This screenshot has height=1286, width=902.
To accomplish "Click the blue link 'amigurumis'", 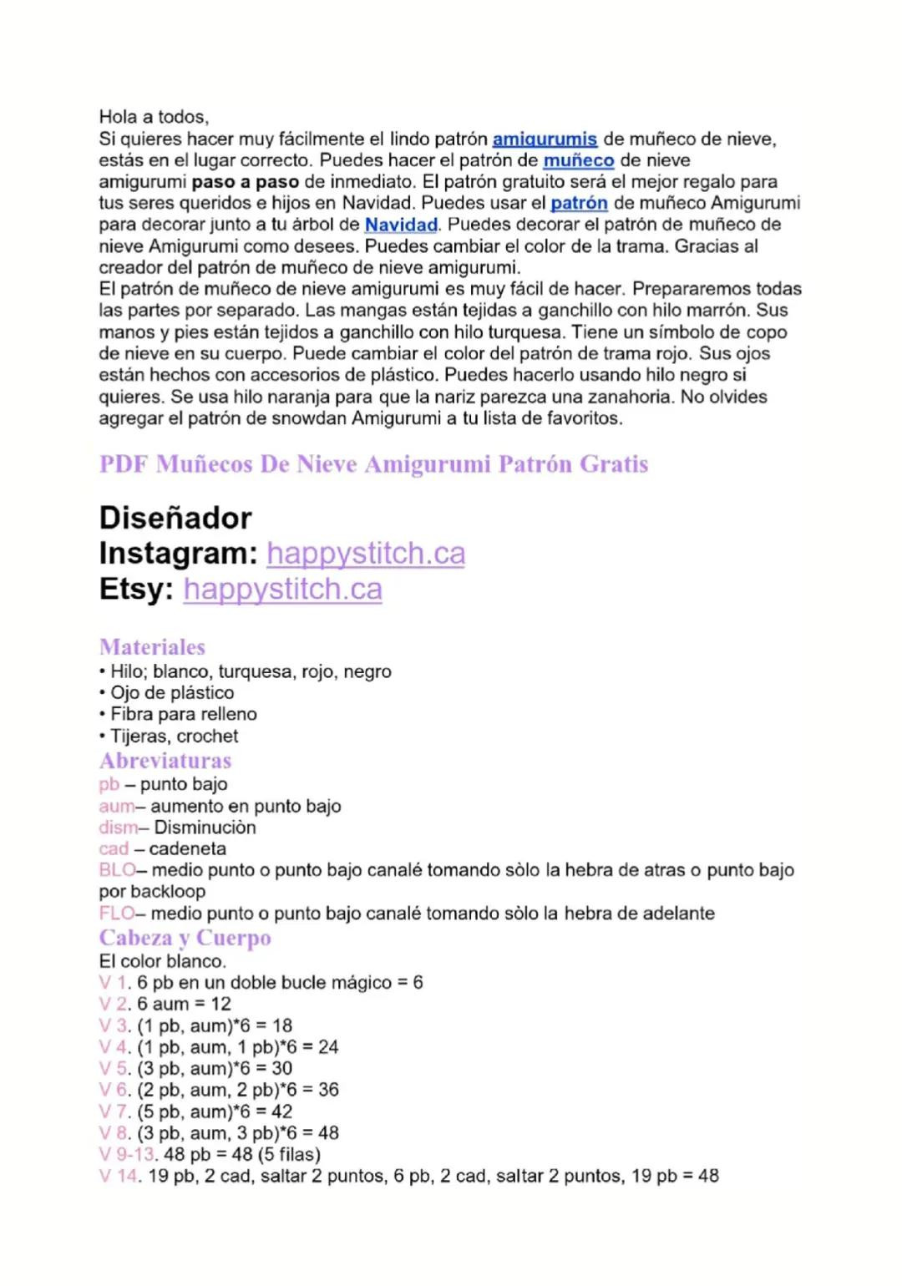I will tap(545, 139).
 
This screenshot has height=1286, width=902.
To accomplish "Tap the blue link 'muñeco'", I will tap(578, 160).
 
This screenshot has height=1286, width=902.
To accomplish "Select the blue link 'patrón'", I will tap(579, 203).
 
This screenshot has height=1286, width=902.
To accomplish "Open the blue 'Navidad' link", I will tap(401, 225).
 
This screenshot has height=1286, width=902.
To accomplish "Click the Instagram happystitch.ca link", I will tap(366, 554).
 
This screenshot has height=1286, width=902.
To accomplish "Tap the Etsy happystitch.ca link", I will tap(282, 590).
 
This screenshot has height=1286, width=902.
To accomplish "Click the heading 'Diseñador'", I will tap(175, 519).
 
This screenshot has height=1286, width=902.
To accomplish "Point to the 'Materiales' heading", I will tap(152, 647).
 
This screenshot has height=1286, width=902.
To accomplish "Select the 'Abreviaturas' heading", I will tap(165, 761).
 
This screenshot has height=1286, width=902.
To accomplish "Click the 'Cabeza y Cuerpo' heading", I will tap(185, 938).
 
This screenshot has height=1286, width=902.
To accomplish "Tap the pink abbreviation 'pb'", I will tap(109, 784).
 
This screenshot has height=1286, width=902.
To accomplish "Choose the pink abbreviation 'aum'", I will tap(116, 806).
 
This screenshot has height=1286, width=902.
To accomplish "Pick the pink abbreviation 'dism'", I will tap(118, 828).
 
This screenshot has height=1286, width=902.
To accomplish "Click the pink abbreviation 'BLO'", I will tap(117, 870).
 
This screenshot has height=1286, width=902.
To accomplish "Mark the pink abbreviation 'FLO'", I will tap(116, 914).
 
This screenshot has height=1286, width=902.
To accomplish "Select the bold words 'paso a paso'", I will tap(245, 182).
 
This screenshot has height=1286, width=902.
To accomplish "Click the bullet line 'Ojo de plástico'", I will tap(172, 693).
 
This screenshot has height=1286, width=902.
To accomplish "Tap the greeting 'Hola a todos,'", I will tap(154, 117).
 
